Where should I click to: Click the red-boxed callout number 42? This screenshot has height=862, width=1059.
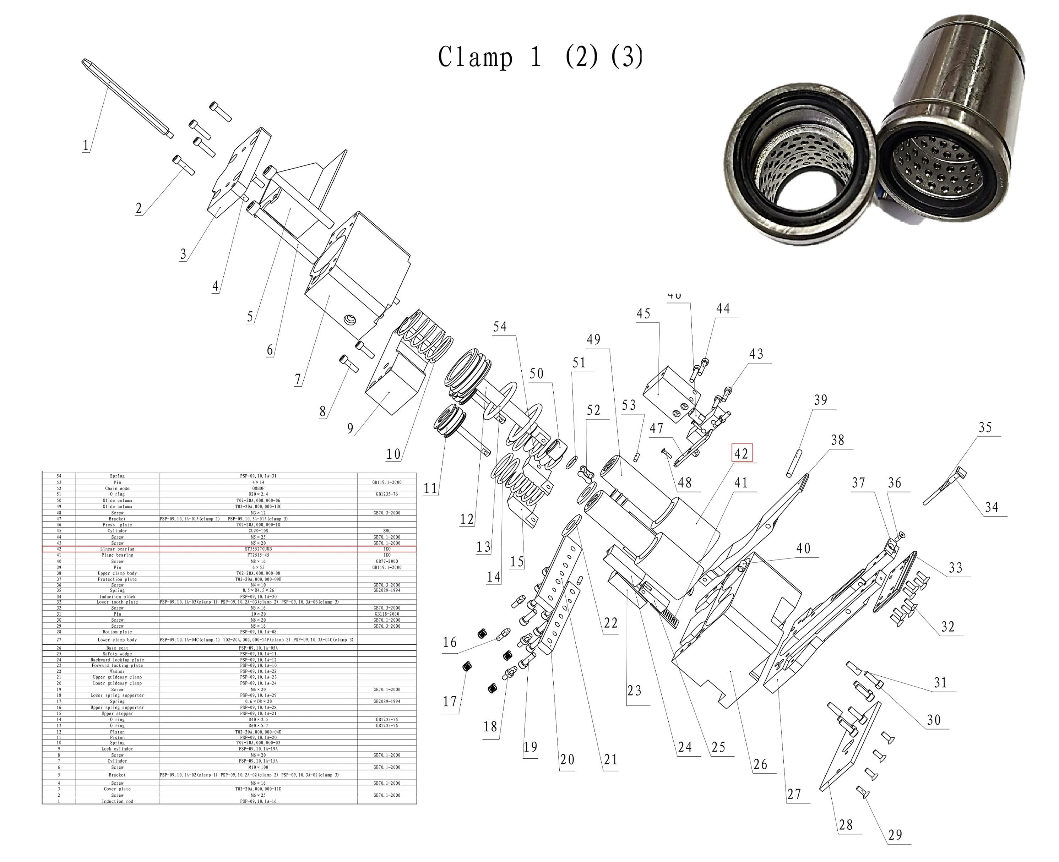[x=741, y=453]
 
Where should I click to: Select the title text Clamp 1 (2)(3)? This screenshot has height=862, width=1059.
[x=539, y=57]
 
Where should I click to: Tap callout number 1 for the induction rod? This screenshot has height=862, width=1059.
[x=86, y=146]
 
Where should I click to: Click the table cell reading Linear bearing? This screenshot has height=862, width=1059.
[x=117, y=549]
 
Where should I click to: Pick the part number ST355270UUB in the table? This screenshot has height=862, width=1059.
[x=258, y=549]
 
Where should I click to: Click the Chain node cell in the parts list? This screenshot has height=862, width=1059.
[x=117, y=488]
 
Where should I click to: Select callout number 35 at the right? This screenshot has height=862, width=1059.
[x=985, y=427]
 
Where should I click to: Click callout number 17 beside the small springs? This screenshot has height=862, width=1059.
[x=450, y=701]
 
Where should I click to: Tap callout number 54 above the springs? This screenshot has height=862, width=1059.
[x=500, y=327]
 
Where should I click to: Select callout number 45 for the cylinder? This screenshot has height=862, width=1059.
[x=643, y=314]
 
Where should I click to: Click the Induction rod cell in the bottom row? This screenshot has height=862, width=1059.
[x=117, y=801]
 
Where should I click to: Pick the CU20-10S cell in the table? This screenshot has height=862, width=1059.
[x=258, y=531]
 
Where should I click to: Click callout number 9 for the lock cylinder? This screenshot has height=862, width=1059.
[x=350, y=429]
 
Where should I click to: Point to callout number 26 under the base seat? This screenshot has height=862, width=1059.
[x=760, y=764]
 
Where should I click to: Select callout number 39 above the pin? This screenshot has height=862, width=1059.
[x=821, y=400]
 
